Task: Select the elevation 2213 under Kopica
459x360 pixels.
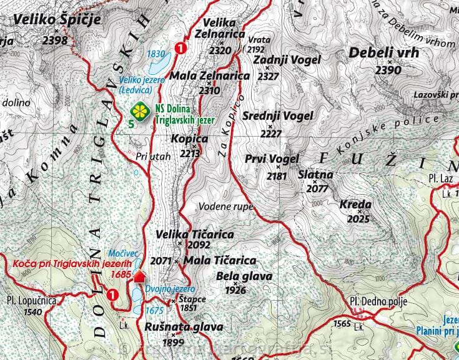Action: click(x=190, y=152)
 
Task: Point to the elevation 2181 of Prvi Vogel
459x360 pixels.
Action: click(x=277, y=176)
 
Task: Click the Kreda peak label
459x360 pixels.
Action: click(x=355, y=205)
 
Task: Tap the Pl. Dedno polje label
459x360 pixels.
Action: click(x=378, y=302)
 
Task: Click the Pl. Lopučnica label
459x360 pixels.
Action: click(x=31, y=300)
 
